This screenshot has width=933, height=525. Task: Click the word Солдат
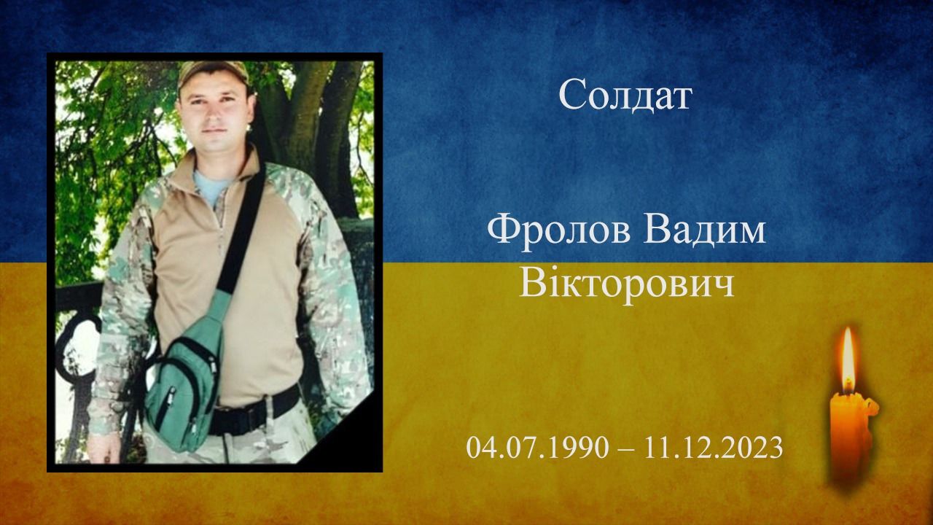pos(625,95)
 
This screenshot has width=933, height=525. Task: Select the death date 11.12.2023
pos(713,447)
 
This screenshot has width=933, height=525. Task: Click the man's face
pos(214,109)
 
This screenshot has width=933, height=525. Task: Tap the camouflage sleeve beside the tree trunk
pos(321,255)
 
